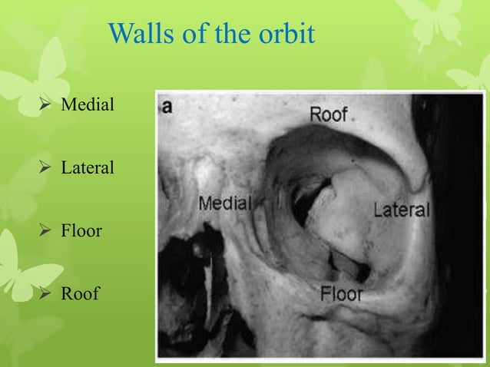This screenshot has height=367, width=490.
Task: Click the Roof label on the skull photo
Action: pyautogui.click(x=328, y=114)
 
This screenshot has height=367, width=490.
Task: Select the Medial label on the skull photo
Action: pyautogui.click(x=226, y=203)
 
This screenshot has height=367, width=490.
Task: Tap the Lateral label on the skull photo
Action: pyautogui.click(x=402, y=209)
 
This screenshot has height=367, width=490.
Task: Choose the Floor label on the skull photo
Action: pyautogui.click(x=342, y=293)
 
